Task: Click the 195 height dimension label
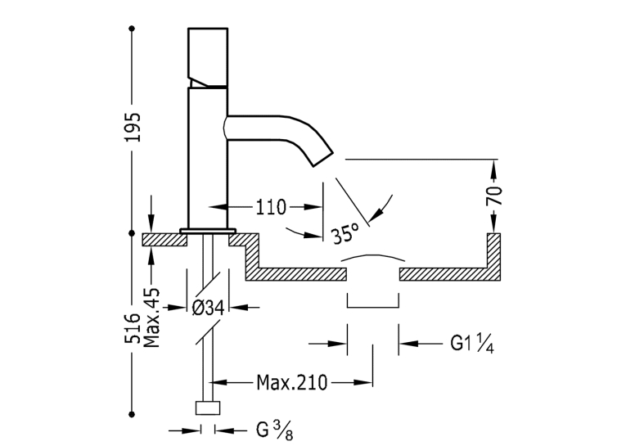click(133, 128)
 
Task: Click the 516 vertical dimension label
click(133, 328)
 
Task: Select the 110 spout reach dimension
click(271, 207)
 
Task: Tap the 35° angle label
click(345, 232)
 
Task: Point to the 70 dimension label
click(494, 196)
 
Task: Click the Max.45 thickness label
click(151, 318)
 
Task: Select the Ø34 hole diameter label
click(209, 308)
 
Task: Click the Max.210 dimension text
click(292, 382)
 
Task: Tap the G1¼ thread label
click(472, 343)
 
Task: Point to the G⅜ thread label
click(275, 431)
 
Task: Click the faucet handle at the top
click(208, 57)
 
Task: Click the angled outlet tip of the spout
click(322, 159)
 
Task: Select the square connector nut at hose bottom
click(208, 408)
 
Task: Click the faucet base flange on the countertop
click(208, 231)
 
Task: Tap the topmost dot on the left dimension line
click(132, 29)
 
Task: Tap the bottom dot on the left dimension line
click(132, 414)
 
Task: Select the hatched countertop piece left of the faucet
click(165, 240)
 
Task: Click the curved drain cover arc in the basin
click(373, 257)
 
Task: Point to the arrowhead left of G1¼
click(337, 343)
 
